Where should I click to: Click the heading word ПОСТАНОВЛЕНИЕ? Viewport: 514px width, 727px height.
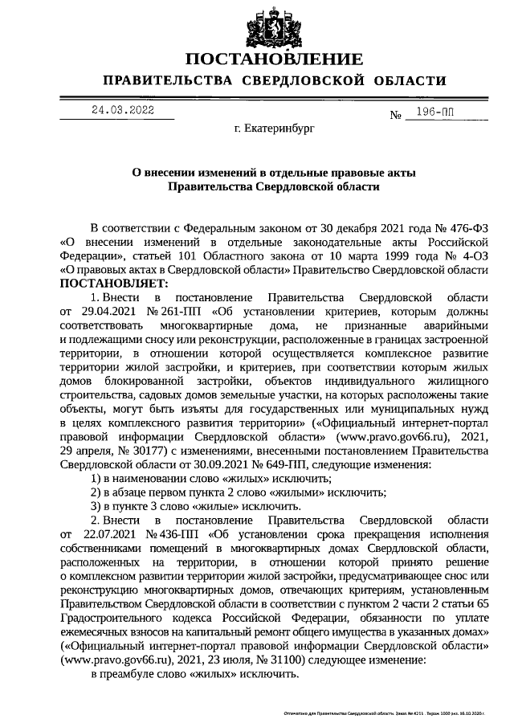273,61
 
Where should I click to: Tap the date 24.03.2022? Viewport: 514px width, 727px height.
122,110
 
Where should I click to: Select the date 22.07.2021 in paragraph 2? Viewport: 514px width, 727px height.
112,533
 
